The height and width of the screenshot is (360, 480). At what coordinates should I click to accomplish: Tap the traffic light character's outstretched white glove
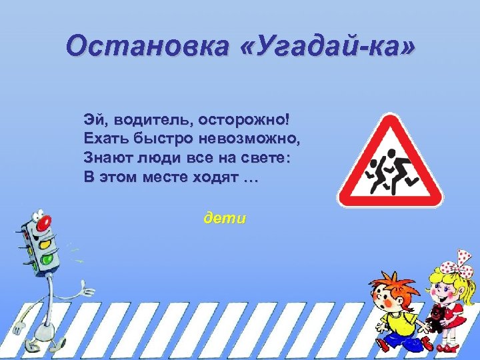coord(85,289)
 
